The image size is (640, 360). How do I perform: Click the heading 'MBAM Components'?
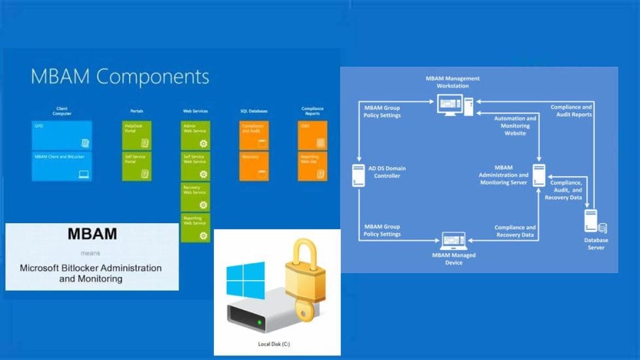pos(120,77)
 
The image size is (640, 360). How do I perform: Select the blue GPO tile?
pos(62,135)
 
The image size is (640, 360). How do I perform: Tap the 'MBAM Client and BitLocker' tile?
pos(62,166)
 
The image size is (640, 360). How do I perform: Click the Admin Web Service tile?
pos(196,135)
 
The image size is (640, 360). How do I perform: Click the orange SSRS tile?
pos(312,135)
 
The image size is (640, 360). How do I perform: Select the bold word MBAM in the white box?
pos(92,234)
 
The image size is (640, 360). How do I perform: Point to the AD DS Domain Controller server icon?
pos(359,175)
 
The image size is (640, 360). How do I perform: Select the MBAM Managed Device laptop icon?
pos(453,240)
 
